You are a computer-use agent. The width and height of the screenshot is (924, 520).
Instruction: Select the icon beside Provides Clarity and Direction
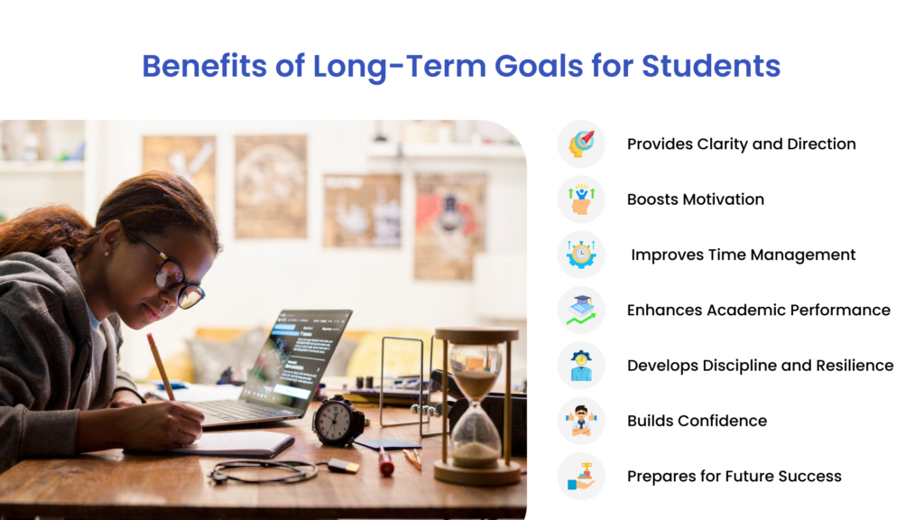(581, 144)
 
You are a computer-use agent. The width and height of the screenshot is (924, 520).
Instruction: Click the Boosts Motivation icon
(581, 200)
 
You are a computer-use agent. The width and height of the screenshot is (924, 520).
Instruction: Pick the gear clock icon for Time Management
(581, 255)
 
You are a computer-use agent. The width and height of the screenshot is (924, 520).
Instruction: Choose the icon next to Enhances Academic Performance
(581, 311)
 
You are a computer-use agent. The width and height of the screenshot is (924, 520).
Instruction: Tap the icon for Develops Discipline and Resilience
(581, 366)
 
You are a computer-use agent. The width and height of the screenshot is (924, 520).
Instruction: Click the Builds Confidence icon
(581, 421)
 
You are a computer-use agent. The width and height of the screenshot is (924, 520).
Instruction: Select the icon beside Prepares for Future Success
(581, 476)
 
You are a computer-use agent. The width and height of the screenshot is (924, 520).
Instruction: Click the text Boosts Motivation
(695, 200)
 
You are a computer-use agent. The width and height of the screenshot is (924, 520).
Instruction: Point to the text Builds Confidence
(697, 421)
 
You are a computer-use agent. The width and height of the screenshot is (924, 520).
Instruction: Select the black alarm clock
(338, 421)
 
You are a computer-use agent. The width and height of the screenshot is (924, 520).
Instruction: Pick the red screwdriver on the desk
(385, 462)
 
